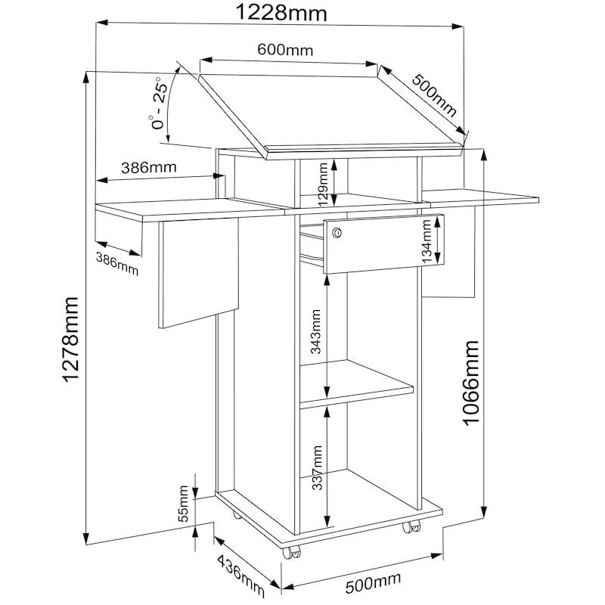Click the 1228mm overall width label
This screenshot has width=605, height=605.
(281, 12)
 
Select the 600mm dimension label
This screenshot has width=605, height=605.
(285, 50)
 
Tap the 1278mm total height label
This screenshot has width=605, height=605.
(70, 340)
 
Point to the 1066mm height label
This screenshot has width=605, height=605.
(470, 383)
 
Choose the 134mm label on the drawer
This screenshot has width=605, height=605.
(426, 241)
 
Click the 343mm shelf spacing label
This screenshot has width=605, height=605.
(315, 331)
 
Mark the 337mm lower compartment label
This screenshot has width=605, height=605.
(317, 467)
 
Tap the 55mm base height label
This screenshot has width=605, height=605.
(183, 504)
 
